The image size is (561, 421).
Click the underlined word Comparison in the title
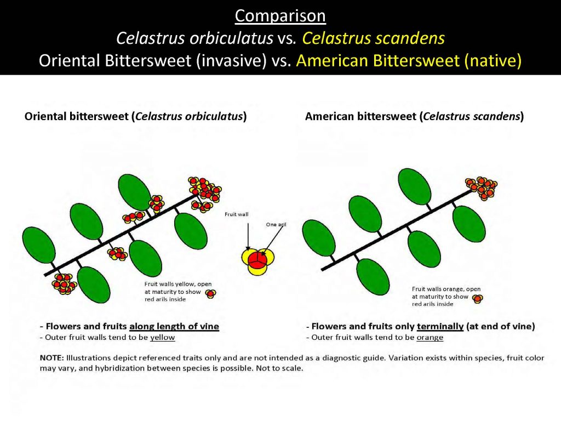coord(280,16)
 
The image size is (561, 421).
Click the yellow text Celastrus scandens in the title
coord(373,38)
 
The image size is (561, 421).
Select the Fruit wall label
coord(237,214)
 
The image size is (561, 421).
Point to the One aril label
coord(276,224)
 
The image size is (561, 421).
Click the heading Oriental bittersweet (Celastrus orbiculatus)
coord(135,116)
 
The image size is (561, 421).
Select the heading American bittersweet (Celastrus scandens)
coord(414,116)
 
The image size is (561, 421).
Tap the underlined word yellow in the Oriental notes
coord(162,337)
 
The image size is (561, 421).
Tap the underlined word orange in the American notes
coord(430,337)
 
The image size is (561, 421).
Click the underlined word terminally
coord(439,326)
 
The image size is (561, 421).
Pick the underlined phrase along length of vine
coord(174,326)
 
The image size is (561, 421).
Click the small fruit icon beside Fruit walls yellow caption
coord(210,294)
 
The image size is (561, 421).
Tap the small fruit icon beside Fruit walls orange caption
coord(478,299)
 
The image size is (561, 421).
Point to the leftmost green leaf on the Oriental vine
coord(39,245)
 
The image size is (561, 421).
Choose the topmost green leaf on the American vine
coord(414,186)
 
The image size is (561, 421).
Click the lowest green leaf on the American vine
coord(373,276)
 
